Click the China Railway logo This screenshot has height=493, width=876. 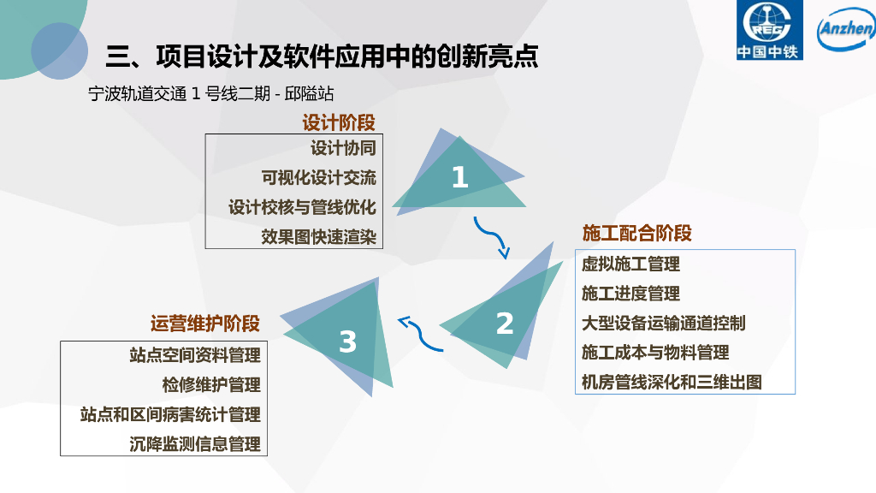(x=769, y=30)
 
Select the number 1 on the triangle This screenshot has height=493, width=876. (x=459, y=177)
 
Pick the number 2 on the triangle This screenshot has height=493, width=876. (x=505, y=324)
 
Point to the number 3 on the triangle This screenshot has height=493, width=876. (x=347, y=342)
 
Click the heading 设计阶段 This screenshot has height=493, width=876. (x=339, y=122)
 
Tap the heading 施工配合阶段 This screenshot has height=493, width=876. (x=637, y=233)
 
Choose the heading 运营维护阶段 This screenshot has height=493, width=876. (x=205, y=324)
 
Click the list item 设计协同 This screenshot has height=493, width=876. (x=343, y=148)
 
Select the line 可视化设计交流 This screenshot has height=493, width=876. (x=318, y=178)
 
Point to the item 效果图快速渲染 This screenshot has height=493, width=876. (x=318, y=237)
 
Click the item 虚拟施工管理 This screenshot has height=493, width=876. (x=630, y=264)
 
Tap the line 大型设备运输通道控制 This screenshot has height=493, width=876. (x=663, y=323)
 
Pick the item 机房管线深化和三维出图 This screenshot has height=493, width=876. (x=672, y=382)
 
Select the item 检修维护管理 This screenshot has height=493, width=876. (x=211, y=384)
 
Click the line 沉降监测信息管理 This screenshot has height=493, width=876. (x=195, y=444)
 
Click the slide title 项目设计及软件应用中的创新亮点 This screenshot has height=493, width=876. (x=346, y=56)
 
